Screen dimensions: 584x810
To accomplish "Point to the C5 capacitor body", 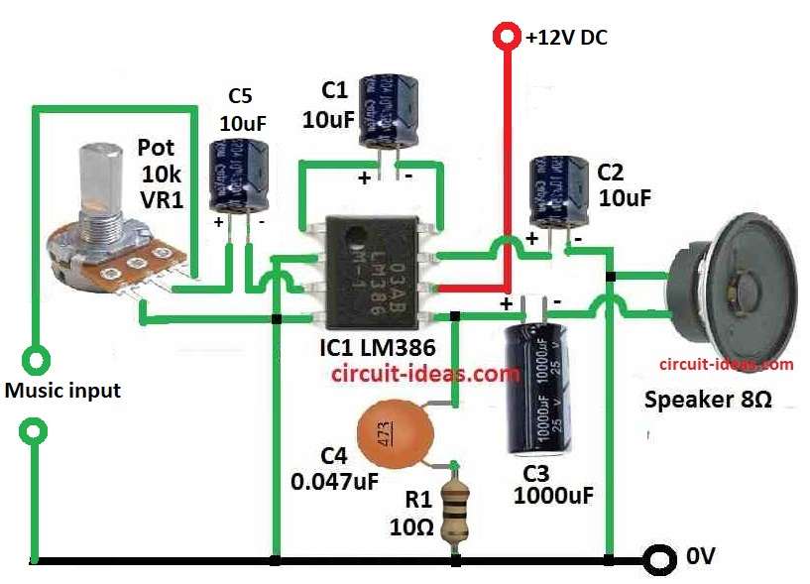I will click(x=239, y=174).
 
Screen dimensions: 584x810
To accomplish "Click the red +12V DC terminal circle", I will click(x=507, y=38).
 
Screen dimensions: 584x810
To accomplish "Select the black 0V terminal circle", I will click(x=655, y=560).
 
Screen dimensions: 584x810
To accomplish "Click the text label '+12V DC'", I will click(x=567, y=39).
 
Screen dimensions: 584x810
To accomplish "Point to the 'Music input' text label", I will click(x=62, y=391).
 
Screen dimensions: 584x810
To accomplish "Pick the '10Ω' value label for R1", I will click(x=411, y=528).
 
